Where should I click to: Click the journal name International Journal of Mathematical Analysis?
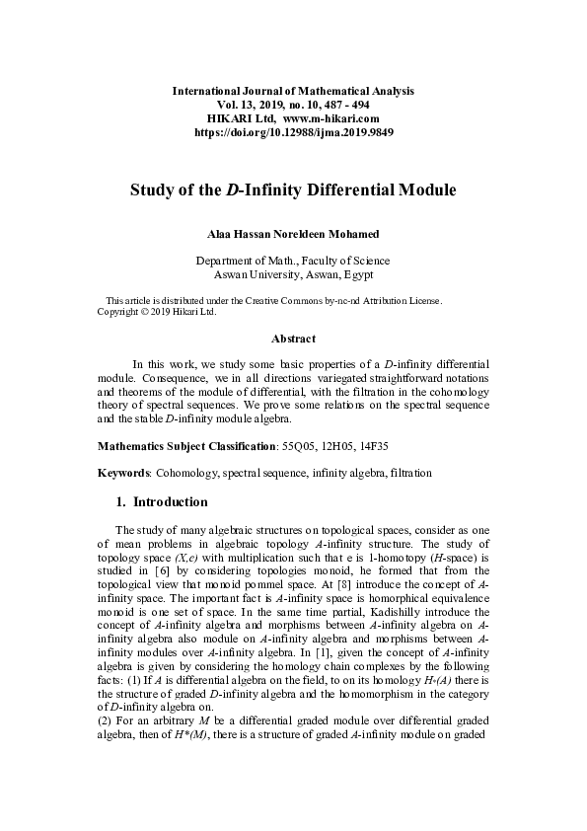click(293, 91)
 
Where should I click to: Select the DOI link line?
click(293, 132)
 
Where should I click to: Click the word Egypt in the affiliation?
click(356, 274)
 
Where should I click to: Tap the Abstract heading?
click(293, 340)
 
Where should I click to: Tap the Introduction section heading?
click(170, 502)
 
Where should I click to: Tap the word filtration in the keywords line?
click(409, 474)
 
